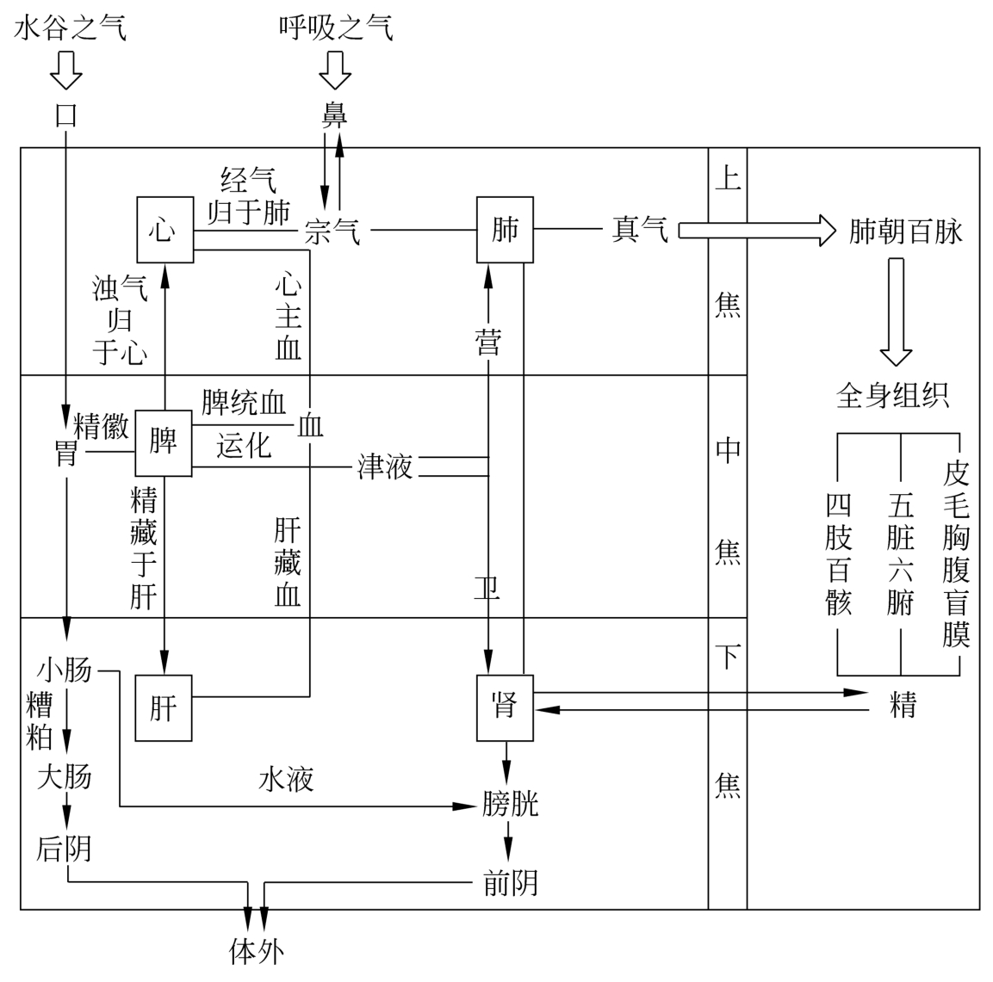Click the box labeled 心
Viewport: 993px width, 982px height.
164,230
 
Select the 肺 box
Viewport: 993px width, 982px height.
506,230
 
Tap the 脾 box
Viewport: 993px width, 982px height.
164,442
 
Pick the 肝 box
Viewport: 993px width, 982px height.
164,708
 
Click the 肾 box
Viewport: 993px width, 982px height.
506,707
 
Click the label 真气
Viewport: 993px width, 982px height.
640,230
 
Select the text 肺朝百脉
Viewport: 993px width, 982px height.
905,231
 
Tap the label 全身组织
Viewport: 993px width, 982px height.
893,395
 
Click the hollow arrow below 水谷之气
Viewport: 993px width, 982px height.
66,70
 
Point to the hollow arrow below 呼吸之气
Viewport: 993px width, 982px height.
335,70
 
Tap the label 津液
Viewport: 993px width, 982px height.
385,466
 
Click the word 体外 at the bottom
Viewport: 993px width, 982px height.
256,951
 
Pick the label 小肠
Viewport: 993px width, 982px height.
64,670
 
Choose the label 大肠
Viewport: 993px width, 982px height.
64,776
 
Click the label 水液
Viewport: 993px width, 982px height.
286,780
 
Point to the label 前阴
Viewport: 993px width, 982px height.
511,883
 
